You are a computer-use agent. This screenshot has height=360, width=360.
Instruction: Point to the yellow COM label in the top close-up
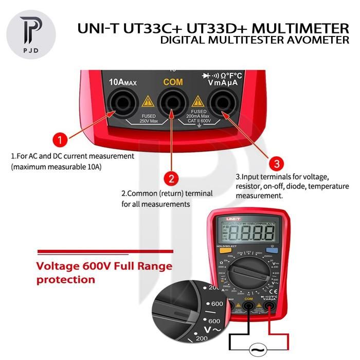click(x=173, y=82)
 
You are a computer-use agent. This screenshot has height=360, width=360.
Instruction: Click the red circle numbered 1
click(x=61, y=140)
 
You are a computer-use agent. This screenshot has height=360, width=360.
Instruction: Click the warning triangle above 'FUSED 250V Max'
click(x=148, y=101)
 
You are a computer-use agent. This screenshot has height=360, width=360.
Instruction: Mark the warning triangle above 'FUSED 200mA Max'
click(x=197, y=101)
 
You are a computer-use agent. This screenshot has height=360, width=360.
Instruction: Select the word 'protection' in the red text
click(x=66, y=280)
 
